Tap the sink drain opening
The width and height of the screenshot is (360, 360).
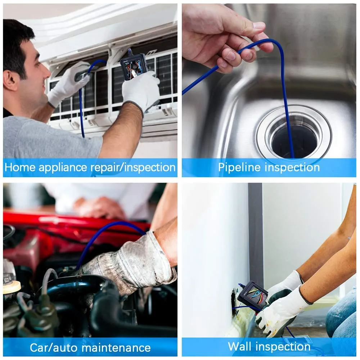293,140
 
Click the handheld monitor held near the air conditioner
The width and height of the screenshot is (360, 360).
134,67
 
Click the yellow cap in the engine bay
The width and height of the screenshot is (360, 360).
12,287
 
